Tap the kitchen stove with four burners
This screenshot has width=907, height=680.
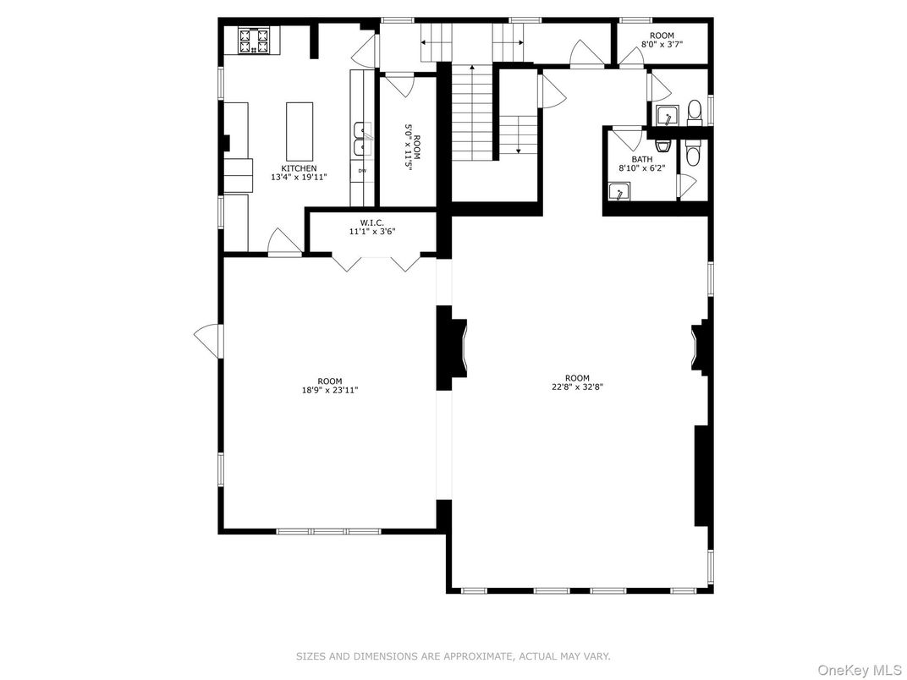point(255,40)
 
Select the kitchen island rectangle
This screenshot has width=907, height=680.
point(300,131)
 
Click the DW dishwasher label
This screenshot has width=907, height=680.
point(362,172)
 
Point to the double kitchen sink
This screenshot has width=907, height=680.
point(362,139)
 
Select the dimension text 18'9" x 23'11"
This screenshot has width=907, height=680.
point(329,391)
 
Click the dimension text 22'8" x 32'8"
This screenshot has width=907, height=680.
point(577,387)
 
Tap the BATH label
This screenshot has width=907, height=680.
point(641,159)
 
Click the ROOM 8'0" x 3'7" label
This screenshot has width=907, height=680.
point(657,40)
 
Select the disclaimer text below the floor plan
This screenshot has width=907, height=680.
point(453,656)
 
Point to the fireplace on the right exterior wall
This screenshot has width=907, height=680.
point(701,348)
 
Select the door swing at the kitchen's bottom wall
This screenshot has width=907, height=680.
point(283,242)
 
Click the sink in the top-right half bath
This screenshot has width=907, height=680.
point(666,116)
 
